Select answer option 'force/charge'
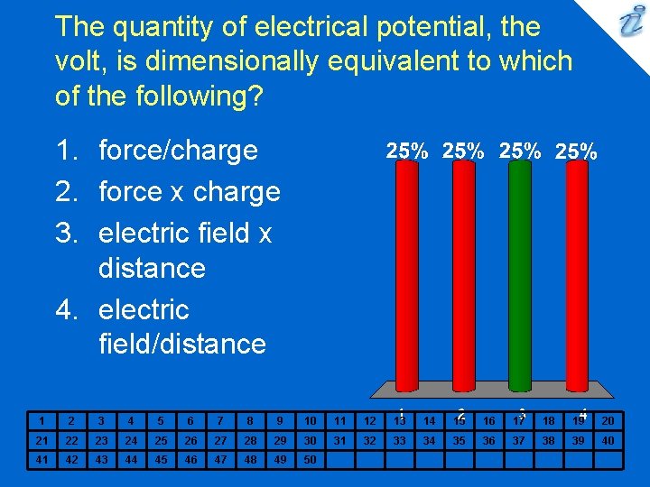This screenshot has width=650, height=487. coord(178,150)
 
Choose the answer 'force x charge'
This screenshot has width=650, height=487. coord(189,191)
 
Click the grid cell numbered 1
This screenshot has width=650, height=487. coord(41,420)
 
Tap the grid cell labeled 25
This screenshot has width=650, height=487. coord(160,440)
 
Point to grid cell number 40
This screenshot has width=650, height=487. coord(608,440)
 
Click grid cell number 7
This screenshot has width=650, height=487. coord(219,420)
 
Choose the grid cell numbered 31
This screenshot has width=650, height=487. coord(339,440)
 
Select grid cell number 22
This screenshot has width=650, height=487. coord(70,440)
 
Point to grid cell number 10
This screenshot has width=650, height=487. coord(310,420)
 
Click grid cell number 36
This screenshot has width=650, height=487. coord(488,440)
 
